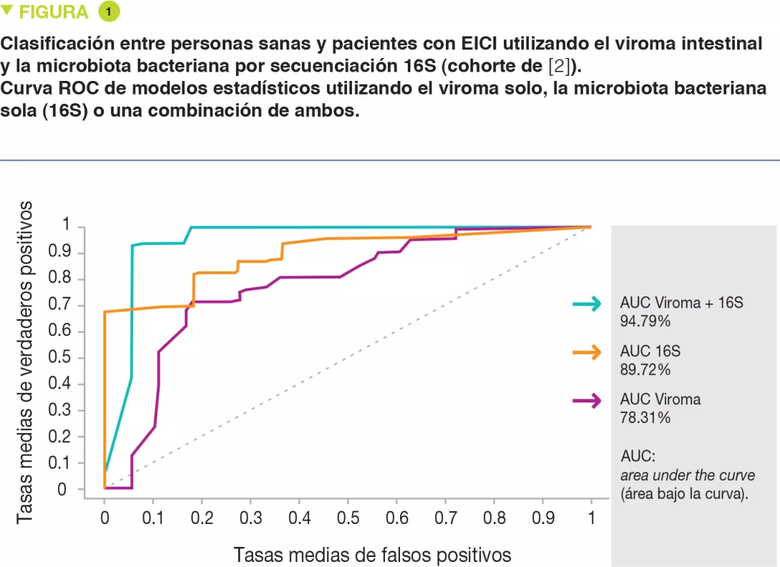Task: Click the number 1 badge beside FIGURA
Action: [x=109, y=12]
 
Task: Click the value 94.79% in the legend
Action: [x=645, y=322]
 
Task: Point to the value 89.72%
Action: [x=645, y=370]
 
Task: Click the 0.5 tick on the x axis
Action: [x=348, y=517]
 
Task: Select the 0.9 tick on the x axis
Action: [x=542, y=517]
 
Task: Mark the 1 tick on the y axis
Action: [x=67, y=226]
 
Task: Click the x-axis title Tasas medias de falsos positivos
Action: [x=372, y=555]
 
